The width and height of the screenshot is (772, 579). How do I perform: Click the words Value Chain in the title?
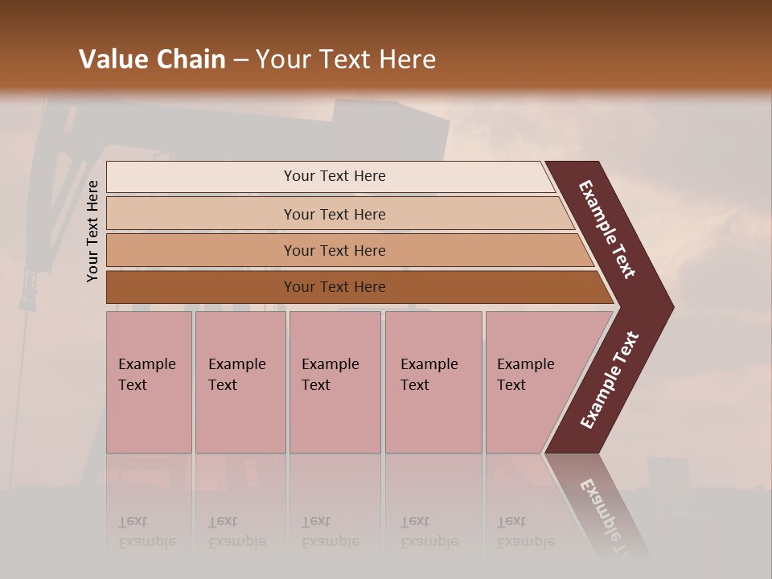(x=152, y=60)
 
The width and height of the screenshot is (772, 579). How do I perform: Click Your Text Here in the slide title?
(x=346, y=60)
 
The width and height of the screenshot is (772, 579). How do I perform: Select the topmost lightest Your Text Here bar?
(x=334, y=176)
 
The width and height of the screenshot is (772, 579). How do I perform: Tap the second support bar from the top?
(x=334, y=214)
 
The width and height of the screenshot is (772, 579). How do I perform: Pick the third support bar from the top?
(x=334, y=250)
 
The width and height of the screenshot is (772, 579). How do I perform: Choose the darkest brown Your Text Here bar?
(x=334, y=287)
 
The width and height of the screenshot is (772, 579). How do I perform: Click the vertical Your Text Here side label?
(x=92, y=231)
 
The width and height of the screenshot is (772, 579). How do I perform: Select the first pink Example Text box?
(x=149, y=381)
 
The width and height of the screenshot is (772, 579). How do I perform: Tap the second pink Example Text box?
(x=240, y=381)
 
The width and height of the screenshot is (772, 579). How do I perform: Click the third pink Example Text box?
(x=334, y=381)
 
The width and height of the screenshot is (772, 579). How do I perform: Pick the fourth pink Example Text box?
(x=433, y=381)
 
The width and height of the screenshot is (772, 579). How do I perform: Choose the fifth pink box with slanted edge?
(x=531, y=381)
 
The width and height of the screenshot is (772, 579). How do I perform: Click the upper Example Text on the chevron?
(x=607, y=230)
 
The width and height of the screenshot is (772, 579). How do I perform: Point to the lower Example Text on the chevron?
(x=610, y=380)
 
